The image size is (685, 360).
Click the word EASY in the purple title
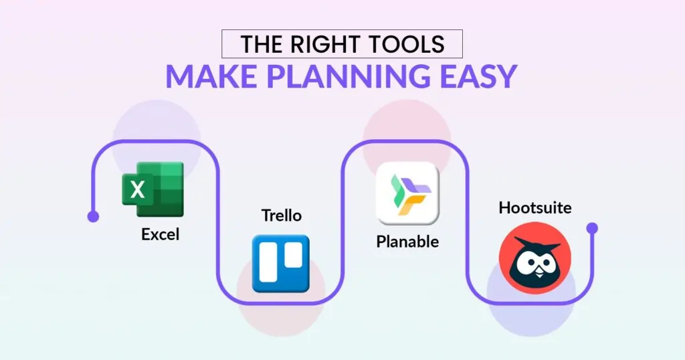478,76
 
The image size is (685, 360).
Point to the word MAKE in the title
211,76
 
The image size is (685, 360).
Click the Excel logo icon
153,189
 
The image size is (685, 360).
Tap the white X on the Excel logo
137,189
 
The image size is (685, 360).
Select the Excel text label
161,235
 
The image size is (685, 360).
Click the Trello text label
282,215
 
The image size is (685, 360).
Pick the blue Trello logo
281,264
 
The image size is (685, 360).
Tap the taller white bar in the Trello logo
268,262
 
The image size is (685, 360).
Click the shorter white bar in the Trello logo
294,255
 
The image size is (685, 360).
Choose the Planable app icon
407,193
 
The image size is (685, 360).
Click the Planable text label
407,242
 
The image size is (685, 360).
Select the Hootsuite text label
535,207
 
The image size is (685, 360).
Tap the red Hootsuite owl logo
535,258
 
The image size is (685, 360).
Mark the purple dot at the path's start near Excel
93,216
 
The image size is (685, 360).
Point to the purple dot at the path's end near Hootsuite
592,228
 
